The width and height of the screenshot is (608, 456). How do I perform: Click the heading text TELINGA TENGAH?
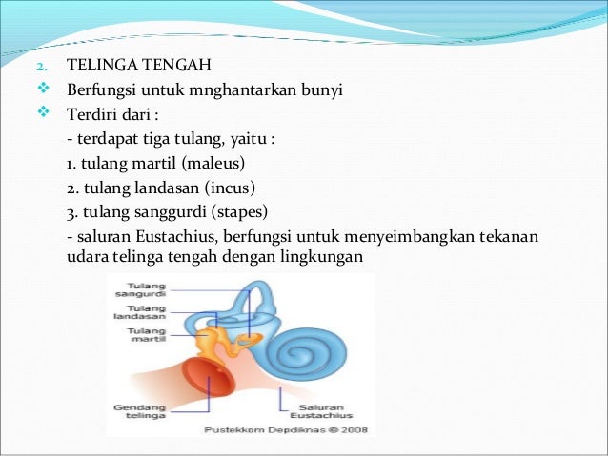point(137,67)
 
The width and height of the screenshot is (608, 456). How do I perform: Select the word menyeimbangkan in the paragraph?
point(419,234)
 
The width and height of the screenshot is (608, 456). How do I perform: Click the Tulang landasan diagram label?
point(134,313)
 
